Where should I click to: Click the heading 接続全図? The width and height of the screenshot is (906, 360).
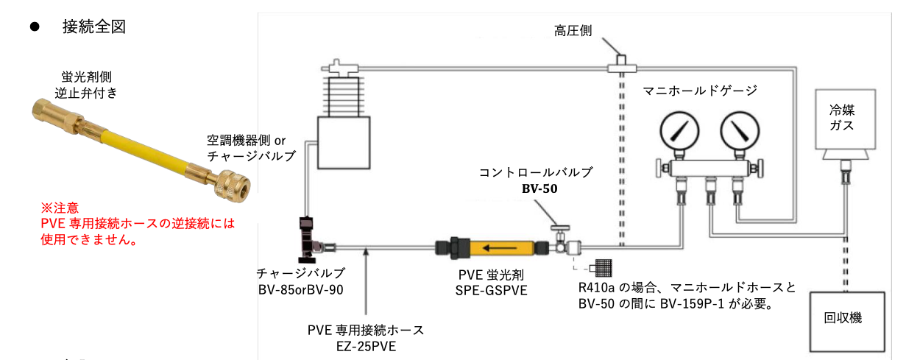coord(94,27)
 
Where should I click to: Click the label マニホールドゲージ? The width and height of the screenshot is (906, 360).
coord(700,91)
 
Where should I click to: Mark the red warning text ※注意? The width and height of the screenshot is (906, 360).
coord(60,208)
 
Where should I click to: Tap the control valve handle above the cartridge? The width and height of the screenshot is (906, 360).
coord(562,230)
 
